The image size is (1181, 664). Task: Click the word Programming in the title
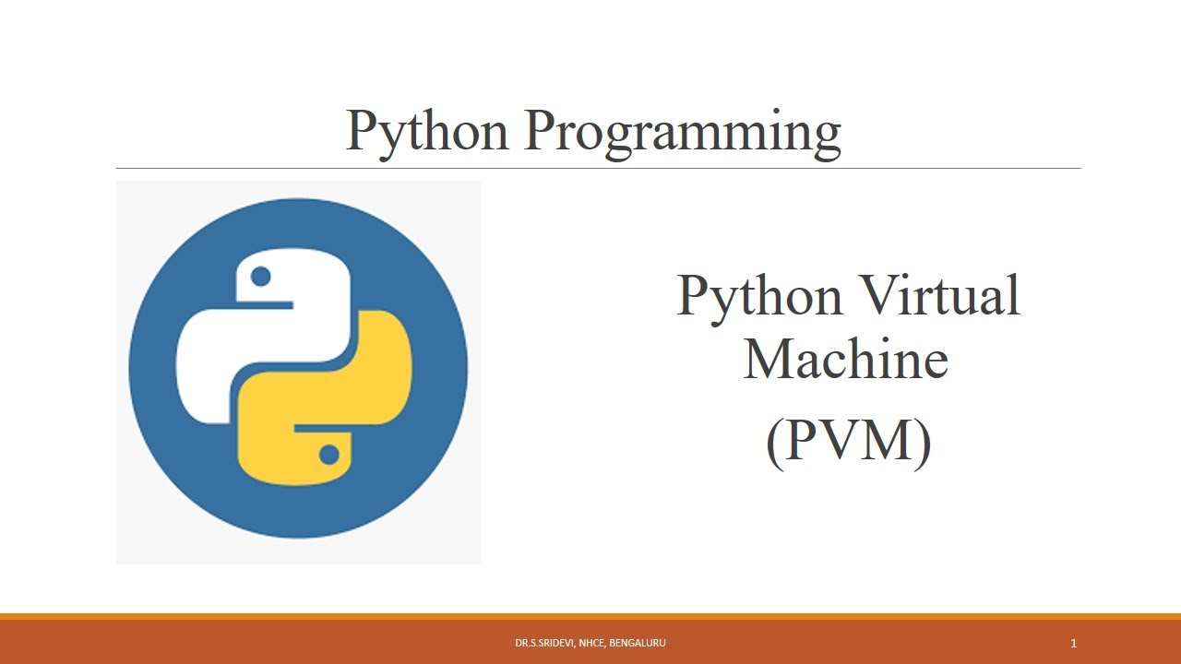click(x=683, y=132)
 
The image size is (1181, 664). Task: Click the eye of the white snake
click(x=260, y=275)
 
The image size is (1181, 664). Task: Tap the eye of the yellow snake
click(x=328, y=454)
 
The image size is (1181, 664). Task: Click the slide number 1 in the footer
click(x=1074, y=643)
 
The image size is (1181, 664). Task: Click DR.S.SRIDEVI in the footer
click(x=543, y=643)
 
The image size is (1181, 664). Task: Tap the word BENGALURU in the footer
click(x=638, y=643)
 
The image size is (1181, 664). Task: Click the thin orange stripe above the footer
click(x=590, y=616)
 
